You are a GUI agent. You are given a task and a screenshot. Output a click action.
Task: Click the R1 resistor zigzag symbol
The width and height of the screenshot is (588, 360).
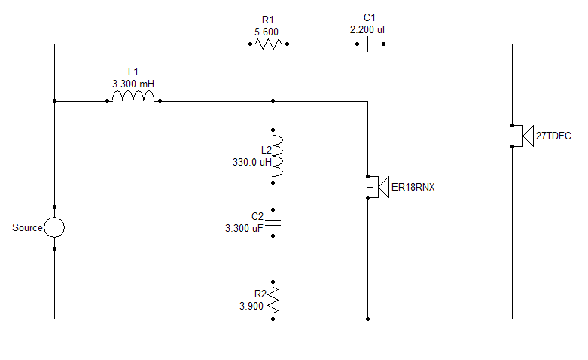coord(268,44)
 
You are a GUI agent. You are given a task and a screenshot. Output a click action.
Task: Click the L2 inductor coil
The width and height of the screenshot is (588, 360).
coord(276,156)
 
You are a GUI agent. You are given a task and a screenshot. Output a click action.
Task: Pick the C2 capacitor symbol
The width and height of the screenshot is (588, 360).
coord(273,222)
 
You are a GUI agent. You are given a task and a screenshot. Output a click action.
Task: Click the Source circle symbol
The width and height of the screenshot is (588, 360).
coord(54,227)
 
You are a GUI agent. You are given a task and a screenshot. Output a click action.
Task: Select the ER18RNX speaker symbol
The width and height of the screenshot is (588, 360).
coord(376,186)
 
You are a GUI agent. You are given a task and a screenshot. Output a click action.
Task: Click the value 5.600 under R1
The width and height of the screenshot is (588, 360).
coord(268,32)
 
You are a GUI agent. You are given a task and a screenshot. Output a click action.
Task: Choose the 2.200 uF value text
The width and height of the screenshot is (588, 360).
coord(370,29)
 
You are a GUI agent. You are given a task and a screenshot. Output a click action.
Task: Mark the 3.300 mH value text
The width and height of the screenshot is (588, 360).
coord(133,84)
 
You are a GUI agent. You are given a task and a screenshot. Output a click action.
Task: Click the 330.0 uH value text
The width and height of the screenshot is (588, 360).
coord(250,161)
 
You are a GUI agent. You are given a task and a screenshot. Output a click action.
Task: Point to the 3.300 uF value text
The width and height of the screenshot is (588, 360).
coord(245,228)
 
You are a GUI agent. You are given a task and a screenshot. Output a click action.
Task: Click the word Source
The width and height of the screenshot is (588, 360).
coord(28,227)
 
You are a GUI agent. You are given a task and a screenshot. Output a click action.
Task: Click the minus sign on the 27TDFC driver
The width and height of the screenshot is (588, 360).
coord(515,136)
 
